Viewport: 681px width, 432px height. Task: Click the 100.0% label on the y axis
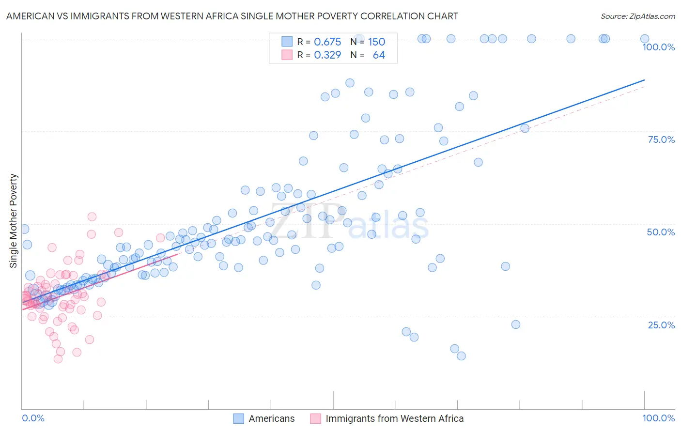click(x=658, y=47)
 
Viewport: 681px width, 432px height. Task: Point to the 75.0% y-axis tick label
click(x=661, y=139)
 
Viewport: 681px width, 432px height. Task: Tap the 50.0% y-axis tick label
click(x=661, y=232)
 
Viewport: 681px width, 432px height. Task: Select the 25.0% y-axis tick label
click(x=661, y=324)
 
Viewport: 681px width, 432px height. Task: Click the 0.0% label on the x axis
click(x=33, y=418)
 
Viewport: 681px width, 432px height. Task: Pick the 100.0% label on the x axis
click(x=658, y=418)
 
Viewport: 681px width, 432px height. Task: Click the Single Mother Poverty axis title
click(x=14, y=221)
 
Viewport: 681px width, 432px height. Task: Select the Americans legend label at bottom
click(x=271, y=418)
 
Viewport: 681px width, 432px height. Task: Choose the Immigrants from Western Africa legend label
click(x=394, y=418)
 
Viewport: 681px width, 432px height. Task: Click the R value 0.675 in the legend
click(x=327, y=42)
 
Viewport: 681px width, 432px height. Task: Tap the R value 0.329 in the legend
click(x=327, y=55)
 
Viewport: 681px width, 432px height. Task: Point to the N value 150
click(x=376, y=42)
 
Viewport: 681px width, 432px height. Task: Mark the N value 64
click(x=379, y=55)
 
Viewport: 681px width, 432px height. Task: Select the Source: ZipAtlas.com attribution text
click(x=637, y=16)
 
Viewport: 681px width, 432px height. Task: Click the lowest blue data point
click(x=461, y=356)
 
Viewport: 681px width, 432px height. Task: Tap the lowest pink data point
click(x=58, y=359)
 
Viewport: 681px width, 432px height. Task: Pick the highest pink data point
click(x=92, y=217)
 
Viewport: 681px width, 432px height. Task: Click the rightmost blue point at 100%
click(x=645, y=39)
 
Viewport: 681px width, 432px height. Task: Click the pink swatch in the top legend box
click(x=287, y=55)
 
